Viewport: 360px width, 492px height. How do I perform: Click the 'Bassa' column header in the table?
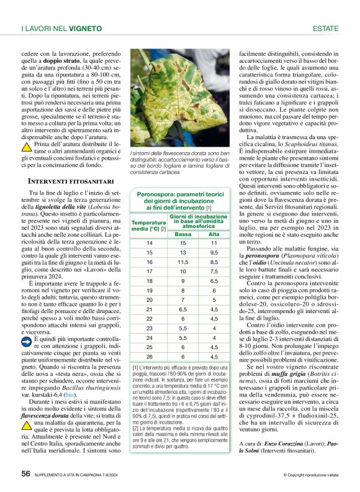pyautogui.click(x=182, y=234)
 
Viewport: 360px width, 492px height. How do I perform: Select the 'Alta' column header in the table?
pyautogui.click(x=214, y=234)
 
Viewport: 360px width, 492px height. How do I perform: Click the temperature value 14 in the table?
pyautogui.click(x=149, y=243)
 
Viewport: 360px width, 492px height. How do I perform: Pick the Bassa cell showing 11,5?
pyautogui.click(x=182, y=263)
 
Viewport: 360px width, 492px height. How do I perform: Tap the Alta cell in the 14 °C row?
pyautogui.click(x=214, y=243)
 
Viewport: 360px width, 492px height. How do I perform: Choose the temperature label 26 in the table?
pyautogui.click(x=149, y=357)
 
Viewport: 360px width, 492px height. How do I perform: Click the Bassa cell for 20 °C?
pyautogui.click(x=182, y=299)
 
